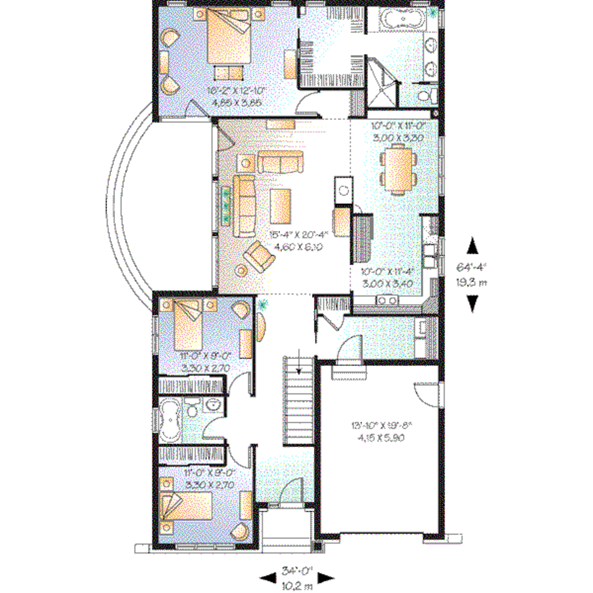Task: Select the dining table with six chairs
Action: pyautogui.click(x=398, y=170)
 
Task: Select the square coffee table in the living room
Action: pyautogui.click(x=281, y=206)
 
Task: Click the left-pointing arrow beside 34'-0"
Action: pyautogui.click(x=267, y=577)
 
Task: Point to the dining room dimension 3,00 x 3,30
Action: pyautogui.click(x=398, y=138)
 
